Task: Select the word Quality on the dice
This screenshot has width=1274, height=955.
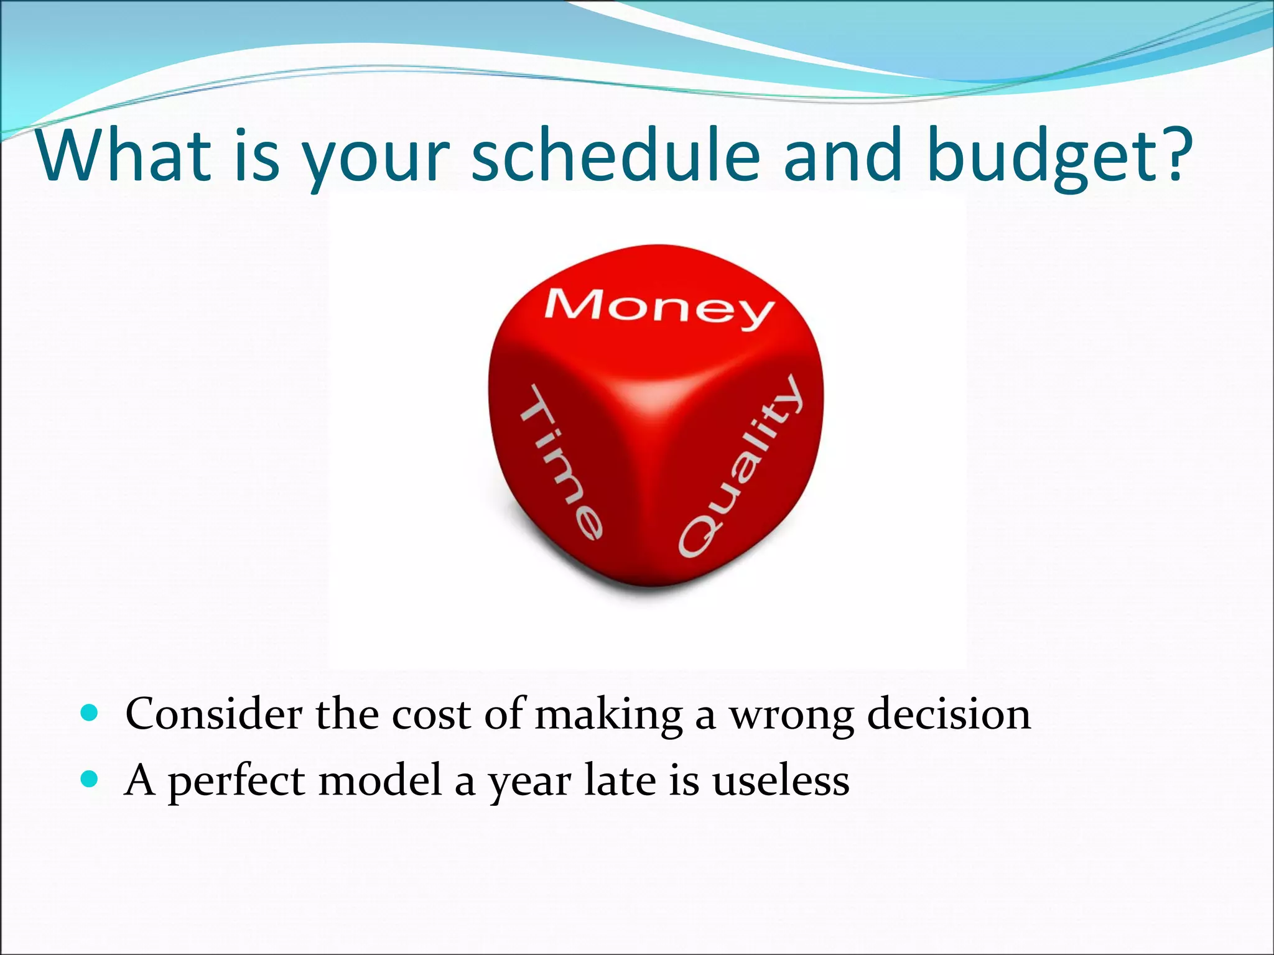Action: point(740,466)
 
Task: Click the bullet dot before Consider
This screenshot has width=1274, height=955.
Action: point(90,713)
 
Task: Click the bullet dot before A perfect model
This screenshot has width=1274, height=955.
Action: point(90,778)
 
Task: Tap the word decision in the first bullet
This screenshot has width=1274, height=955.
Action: point(949,714)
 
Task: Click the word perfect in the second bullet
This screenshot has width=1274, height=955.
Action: point(236,782)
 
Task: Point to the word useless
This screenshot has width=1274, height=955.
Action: point(781,780)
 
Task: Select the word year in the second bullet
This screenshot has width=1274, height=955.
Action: point(529,783)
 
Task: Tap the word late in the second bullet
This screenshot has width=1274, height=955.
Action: point(620,780)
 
